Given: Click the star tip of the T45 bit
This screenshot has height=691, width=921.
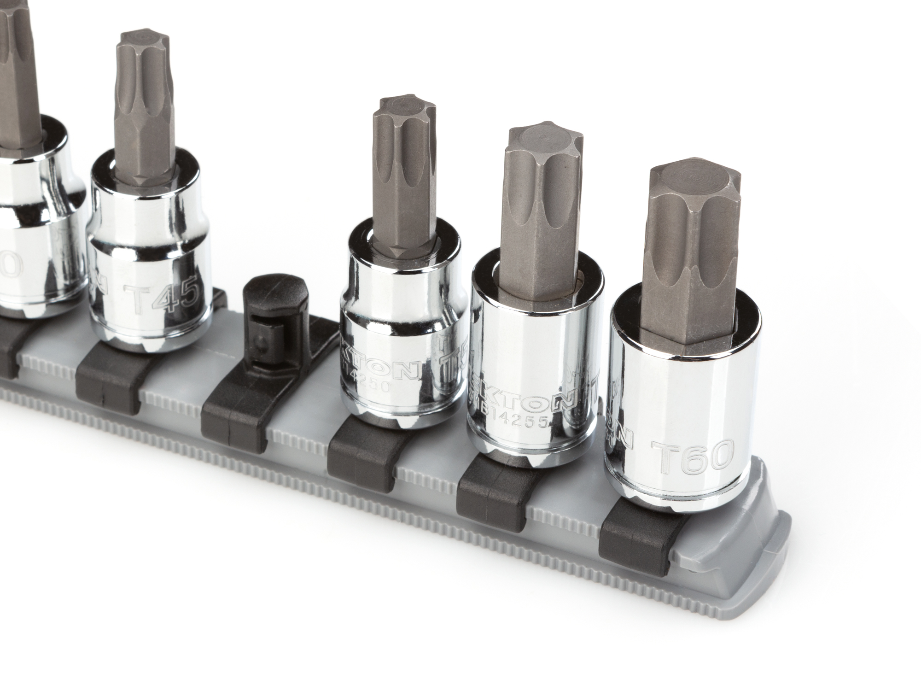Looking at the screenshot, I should (137, 40).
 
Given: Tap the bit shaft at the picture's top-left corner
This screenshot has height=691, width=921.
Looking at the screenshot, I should (16, 55).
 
